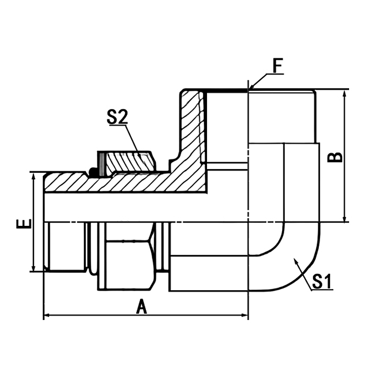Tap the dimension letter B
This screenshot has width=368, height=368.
(x=336, y=157)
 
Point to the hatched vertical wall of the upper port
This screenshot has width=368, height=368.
(x=192, y=130)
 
